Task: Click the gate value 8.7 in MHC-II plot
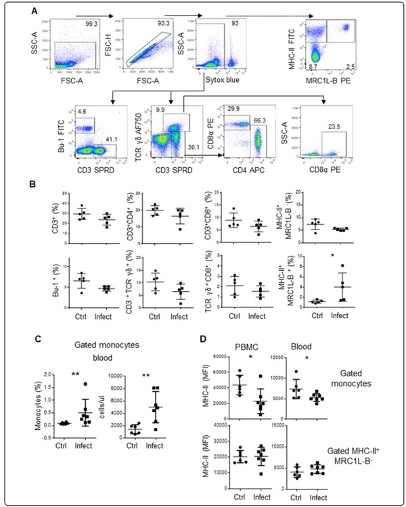313,68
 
